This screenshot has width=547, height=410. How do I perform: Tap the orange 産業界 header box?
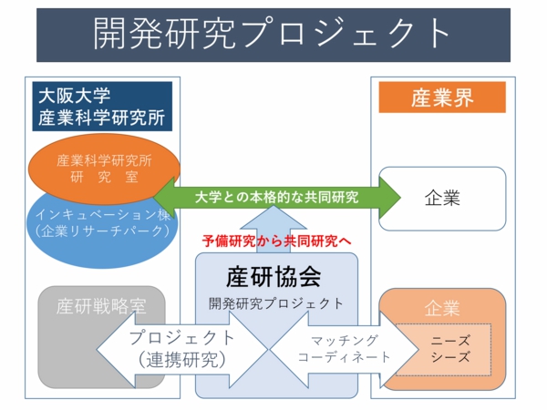tap(442, 98)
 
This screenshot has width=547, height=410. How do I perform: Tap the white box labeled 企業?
tap(442, 197)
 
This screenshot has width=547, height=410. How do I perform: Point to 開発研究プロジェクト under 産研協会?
tap(276, 303)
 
